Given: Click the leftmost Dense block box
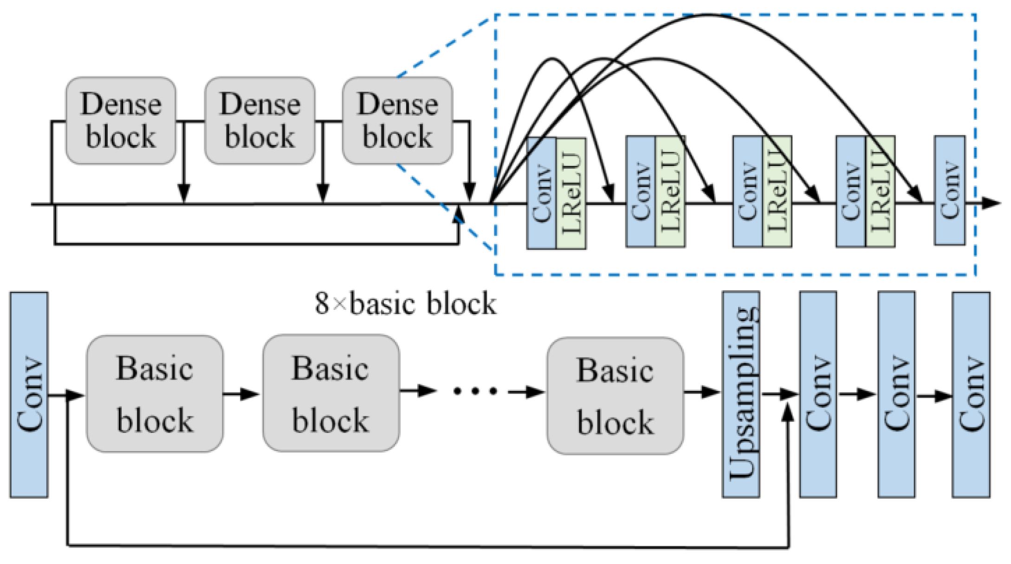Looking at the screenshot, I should [121, 121].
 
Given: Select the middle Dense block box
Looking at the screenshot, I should [259, 121].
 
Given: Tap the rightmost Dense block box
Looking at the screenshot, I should [397, 121].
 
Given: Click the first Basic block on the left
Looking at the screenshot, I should [155, 393].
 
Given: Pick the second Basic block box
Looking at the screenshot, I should [331, 393].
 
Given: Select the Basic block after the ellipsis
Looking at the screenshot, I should [615, 396].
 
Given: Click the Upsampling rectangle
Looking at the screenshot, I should [741, 394].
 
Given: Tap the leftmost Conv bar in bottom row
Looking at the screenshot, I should [29, 394].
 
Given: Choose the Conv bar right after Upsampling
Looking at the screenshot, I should [818, 394].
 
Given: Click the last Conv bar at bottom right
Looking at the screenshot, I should [971, 394].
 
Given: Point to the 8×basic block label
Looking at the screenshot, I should [405, 304].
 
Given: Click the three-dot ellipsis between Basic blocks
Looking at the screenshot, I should [475, 392].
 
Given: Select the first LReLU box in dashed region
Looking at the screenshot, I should [571, 193].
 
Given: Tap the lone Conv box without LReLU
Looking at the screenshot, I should [950, 190].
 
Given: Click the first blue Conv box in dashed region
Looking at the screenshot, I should [541, 193].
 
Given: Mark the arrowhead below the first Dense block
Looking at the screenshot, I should [184, 193].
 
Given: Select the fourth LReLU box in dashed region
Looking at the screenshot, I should [881, 191].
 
